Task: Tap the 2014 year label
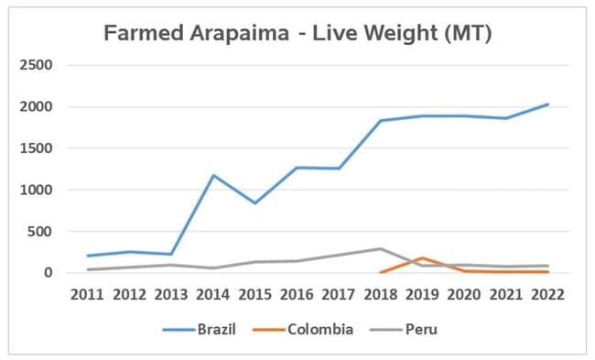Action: [x=213, y=295]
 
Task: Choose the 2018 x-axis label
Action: [x=381, y=295]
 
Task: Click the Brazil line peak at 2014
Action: [x=213, y=175]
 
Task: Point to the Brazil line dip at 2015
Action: [x=254, y=202]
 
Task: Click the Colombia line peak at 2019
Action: [x=423, y=257]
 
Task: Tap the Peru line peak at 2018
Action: [x=381, y=248]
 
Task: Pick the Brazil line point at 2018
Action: [x=381, y=120]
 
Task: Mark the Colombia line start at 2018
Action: [x=381, y=272]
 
